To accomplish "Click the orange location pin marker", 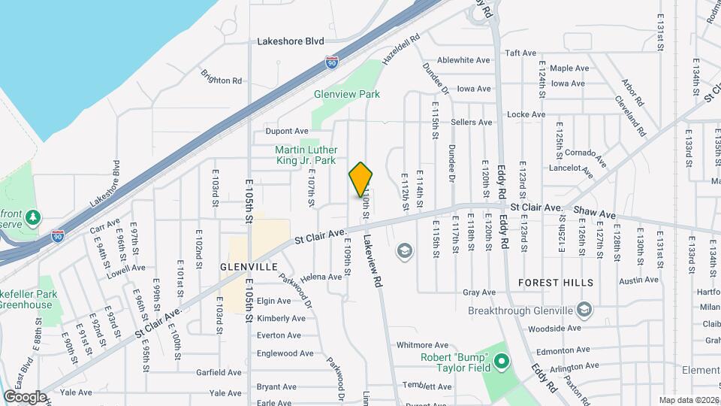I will [361, 180].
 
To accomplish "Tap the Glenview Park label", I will [347, 94].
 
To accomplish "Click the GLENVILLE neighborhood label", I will [249, 267].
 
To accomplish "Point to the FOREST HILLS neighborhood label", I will [556, 283].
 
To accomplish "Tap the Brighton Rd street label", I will [221, 76].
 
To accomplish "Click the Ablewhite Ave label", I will [463, 60].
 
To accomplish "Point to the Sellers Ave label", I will [472, 122].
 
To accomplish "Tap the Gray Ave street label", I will [478, 292].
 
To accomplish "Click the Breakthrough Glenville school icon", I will [584, 310].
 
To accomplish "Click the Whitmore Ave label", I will [423, 345].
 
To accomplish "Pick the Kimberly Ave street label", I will [280, 318].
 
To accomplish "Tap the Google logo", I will [25, 396].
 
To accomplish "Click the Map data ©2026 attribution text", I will [689, 400].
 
